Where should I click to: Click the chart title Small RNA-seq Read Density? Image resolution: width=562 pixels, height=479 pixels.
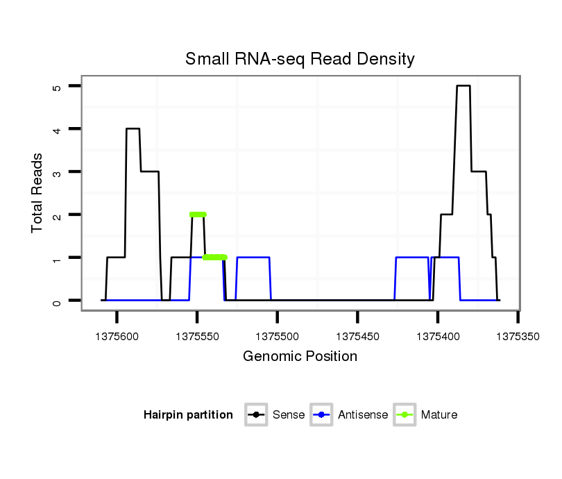pos(300,59)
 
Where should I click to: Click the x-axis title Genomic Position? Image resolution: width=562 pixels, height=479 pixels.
pos(300,357)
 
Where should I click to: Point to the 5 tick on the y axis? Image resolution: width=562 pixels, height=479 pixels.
pos(57,87)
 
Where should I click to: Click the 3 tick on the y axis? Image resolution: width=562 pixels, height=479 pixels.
pos(57,172)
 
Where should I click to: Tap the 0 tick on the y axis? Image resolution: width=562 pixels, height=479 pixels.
pos(57,301)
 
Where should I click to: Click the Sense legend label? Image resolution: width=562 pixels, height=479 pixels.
pos(289,415)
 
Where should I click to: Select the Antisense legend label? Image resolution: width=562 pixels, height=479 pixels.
pos(363,415)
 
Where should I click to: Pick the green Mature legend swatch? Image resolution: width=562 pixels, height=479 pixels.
pos(405,415)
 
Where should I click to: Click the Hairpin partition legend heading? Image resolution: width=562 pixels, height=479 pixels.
pos(188,415)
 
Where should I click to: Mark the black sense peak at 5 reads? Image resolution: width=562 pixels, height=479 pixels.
pos(463,86)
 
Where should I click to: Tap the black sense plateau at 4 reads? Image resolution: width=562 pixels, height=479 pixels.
pos(133,128)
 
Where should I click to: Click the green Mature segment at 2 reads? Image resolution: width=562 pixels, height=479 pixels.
pos(198,215)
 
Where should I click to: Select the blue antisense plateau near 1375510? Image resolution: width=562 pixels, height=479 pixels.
pos(253,258)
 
